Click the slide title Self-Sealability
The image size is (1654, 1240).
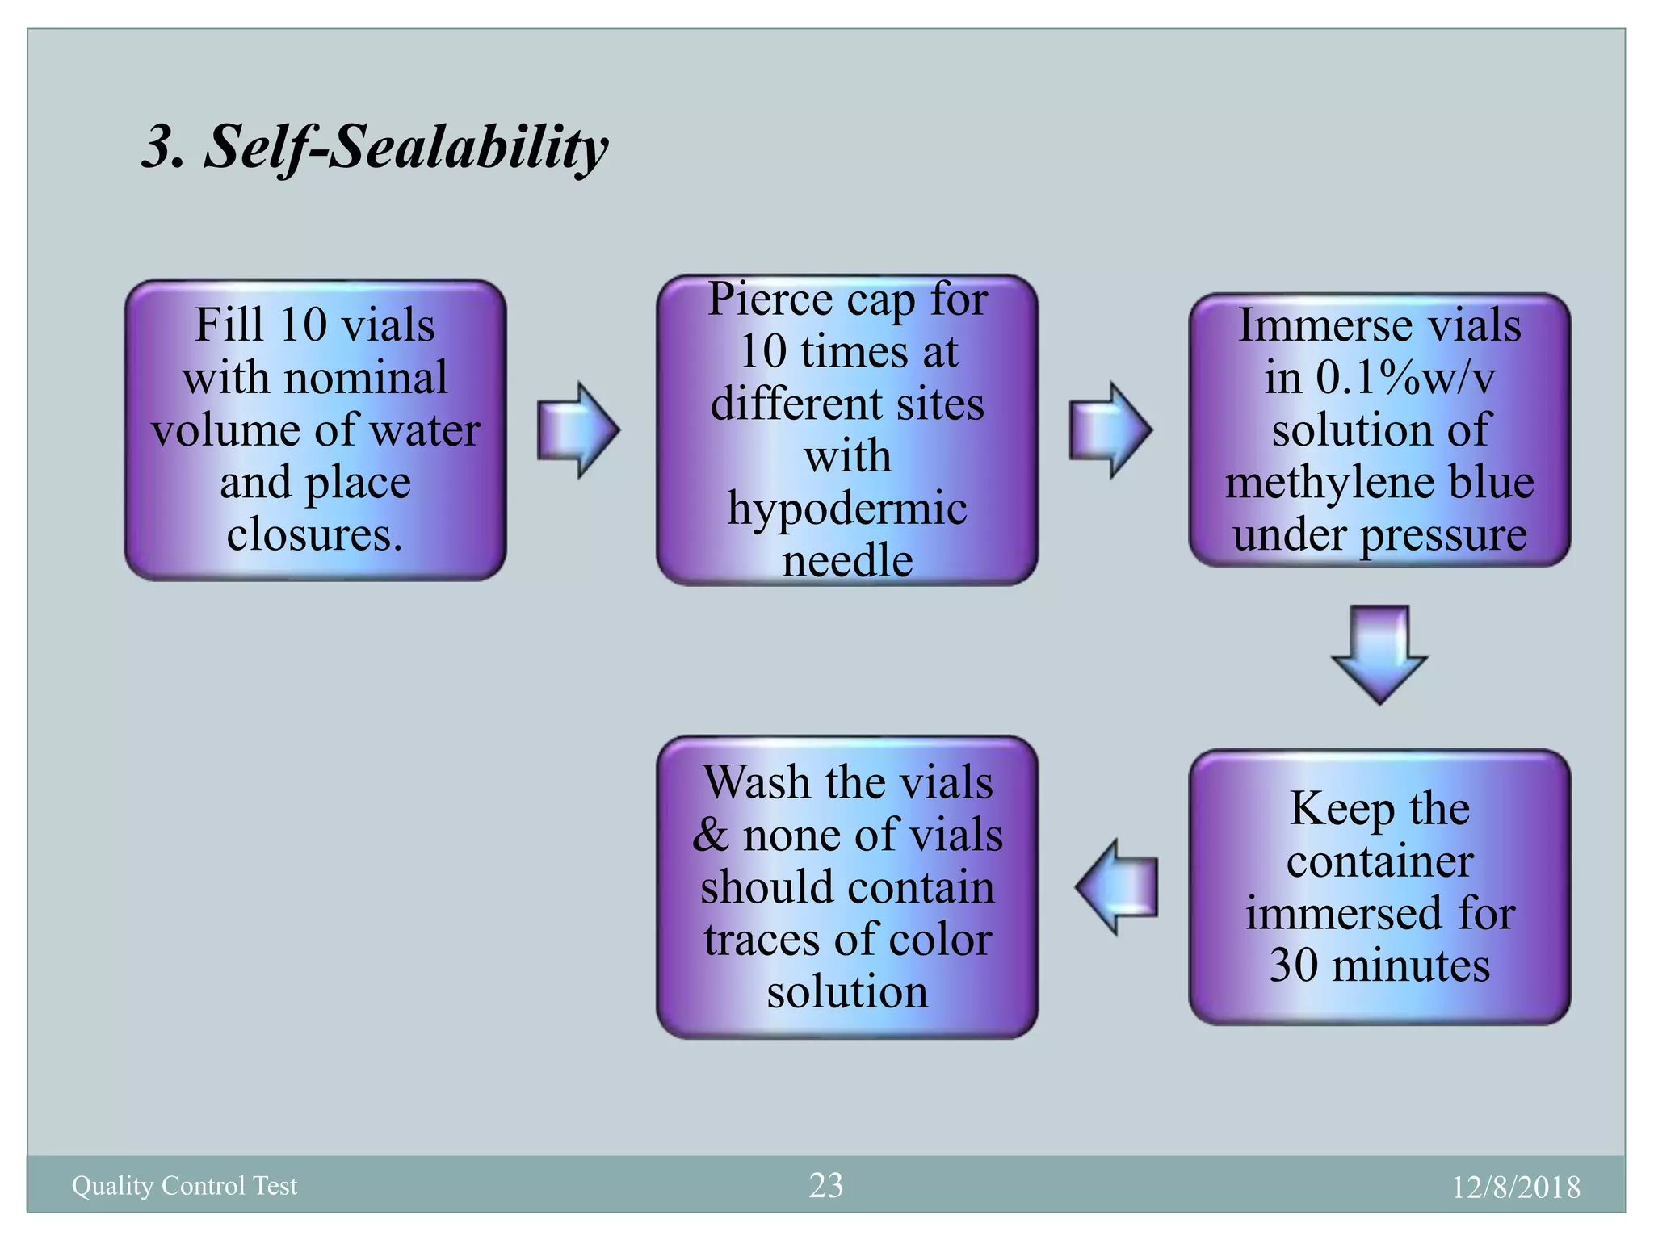click(x=375, y=148)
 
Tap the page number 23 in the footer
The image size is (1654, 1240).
click(x=825, y=1185)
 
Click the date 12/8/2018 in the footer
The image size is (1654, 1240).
click(x=1516, y=1187)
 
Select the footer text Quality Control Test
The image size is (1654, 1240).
click(x=184, y=1185)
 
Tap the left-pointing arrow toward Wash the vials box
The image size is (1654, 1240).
click(x=1117, y=886)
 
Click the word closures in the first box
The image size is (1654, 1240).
click(x=313, y=534)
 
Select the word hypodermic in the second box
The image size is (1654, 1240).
click(x=847, y=509)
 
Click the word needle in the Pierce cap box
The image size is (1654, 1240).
click(x=847, y=560)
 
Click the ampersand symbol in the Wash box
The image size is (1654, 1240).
click(x=710, y=835)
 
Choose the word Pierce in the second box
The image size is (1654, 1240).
click(x=770, y=300)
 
